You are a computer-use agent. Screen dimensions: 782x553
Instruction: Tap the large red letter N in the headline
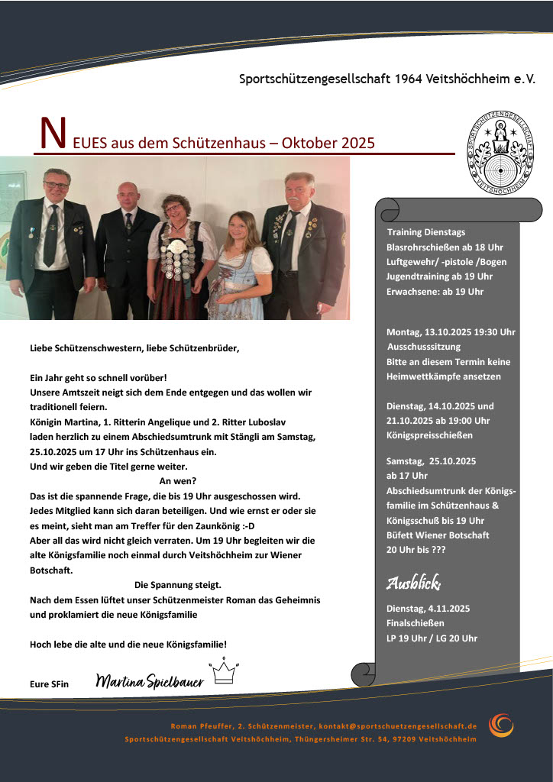[51, 135]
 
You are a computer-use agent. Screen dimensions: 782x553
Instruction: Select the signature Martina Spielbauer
[150, 680]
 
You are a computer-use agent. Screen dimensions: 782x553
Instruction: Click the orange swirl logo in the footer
[502, 725]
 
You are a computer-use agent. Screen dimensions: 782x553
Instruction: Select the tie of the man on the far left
[51, 237]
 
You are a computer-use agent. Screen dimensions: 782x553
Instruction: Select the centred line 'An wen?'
[178, 481]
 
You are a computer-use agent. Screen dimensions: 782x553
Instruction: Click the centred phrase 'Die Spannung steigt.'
[178, 585]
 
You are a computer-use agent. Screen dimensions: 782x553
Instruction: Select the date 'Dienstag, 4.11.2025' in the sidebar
[428, 609]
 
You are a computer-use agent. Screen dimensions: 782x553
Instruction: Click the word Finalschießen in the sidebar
[416, 623]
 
